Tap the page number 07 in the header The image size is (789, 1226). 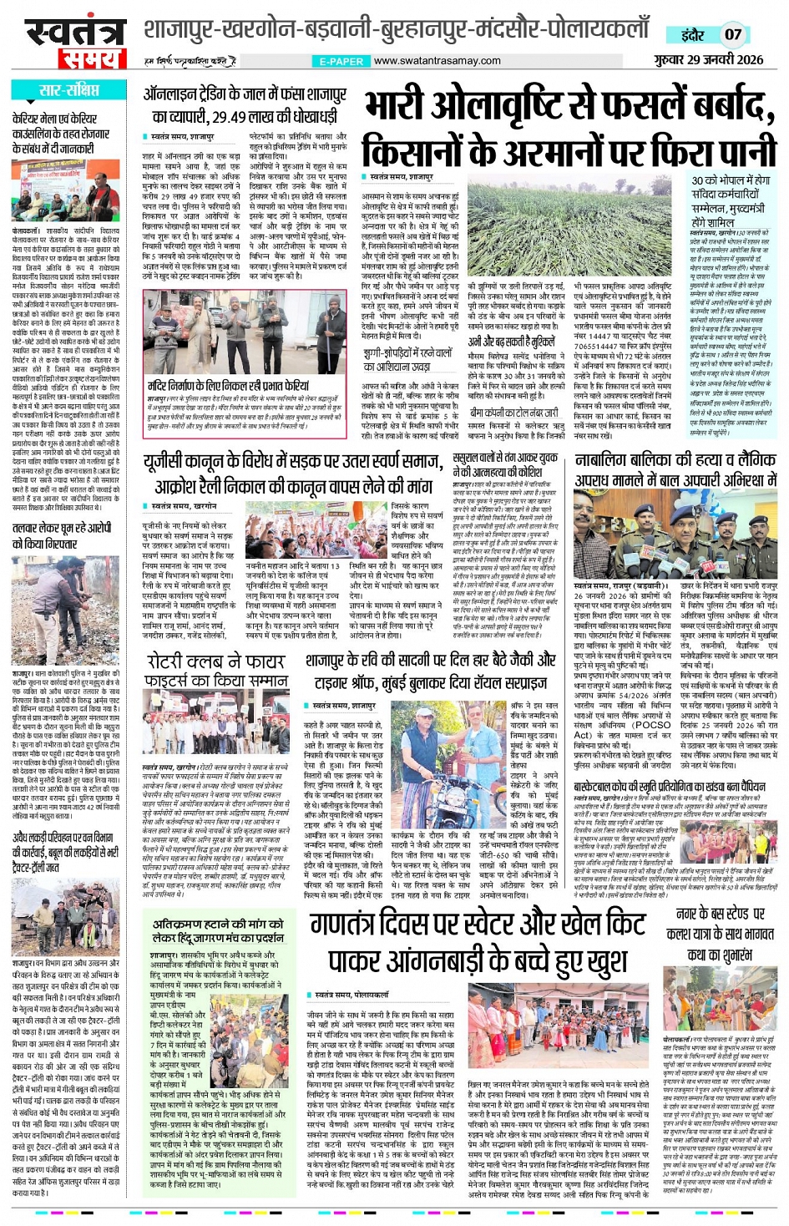click(732, 34)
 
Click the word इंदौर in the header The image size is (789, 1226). click(692, 35)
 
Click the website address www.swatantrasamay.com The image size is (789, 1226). click(437, 61)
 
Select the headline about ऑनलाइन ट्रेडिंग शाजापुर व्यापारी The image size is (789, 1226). click(244, 105)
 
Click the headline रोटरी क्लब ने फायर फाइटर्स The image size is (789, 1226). click(215, 669)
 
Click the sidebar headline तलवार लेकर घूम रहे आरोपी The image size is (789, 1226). click(62, 535)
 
